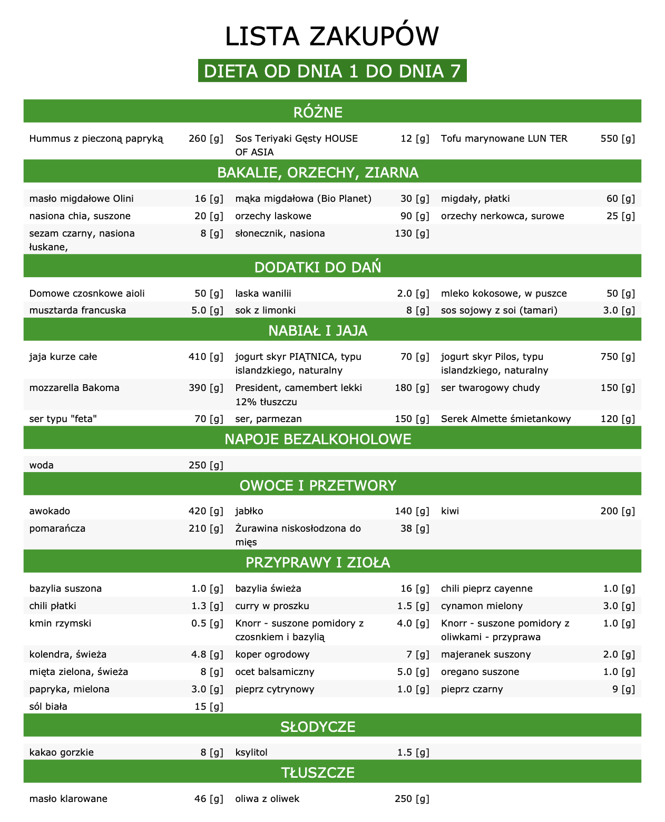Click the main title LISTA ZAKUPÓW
332,36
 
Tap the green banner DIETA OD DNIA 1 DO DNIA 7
332,71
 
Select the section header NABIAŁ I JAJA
318,330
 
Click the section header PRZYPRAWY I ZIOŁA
318,562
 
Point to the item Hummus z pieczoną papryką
96,139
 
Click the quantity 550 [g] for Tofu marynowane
618,139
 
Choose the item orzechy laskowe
273,216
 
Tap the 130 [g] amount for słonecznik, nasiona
412,233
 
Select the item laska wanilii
263,293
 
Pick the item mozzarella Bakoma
74,388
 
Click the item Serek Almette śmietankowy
506,419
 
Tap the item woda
42,465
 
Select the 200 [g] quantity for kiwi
618,511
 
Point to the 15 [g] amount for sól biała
209,707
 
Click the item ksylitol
251,752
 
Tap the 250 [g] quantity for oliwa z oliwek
412,799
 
